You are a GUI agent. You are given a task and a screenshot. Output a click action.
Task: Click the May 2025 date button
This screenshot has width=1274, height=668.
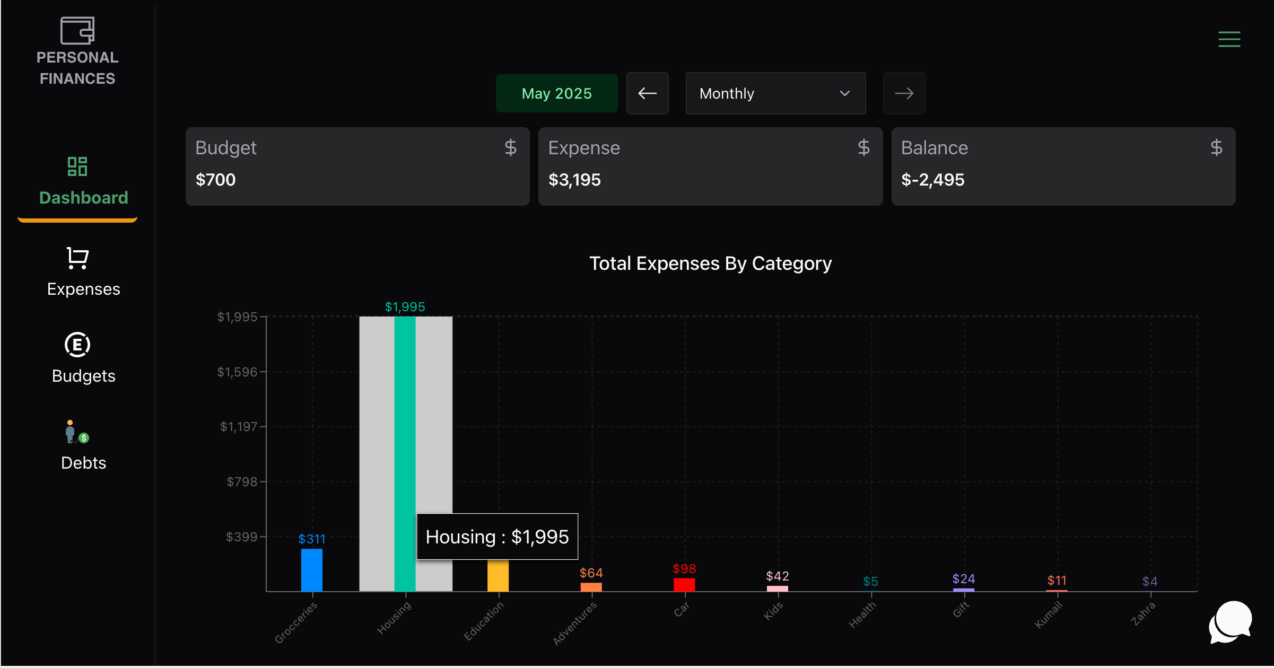[556, 93]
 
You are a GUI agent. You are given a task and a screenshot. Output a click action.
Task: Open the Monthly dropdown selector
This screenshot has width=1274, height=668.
[775, 93]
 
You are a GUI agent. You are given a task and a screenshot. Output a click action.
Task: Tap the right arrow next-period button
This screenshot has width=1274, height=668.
[904, 93]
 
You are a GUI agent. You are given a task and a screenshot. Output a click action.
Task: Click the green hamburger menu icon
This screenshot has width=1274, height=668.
[1229, 39]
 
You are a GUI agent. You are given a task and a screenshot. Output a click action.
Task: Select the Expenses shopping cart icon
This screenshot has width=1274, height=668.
[77, 258]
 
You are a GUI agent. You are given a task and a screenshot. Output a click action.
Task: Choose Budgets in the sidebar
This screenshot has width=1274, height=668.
[83, 375]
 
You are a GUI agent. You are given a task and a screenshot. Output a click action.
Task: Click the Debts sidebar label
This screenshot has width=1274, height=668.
[83, 463]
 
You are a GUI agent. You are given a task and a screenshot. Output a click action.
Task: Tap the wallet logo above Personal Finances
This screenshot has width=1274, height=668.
[77, 31]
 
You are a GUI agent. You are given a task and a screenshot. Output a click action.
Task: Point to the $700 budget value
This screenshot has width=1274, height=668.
[215, 180]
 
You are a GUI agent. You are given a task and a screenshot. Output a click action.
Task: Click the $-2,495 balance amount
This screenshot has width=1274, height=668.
[932, 180]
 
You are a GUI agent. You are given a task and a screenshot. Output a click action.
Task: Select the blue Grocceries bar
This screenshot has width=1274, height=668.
[311, 570]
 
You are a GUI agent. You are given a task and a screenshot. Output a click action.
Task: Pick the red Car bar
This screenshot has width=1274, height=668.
[684, 584]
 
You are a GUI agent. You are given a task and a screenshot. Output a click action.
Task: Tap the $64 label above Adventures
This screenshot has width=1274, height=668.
[591, 573]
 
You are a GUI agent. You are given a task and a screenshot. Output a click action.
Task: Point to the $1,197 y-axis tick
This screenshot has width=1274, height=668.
[238, 427]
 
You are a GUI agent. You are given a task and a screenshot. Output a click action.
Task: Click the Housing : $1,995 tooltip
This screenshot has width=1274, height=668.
[497, 537]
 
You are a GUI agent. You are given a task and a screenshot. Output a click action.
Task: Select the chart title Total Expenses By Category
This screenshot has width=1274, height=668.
[710, 263]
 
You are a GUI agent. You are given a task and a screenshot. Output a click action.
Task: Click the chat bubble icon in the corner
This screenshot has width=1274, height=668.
[1230, 622]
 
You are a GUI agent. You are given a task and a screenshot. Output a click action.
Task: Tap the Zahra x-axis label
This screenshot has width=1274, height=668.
[1143, 614]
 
